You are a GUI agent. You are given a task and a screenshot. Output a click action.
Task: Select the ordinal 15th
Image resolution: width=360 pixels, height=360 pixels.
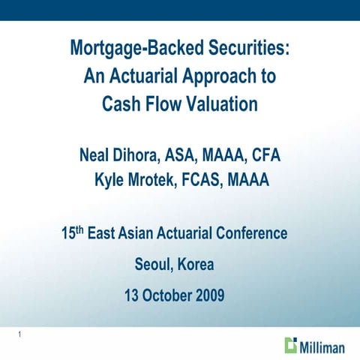[x=72, y=233]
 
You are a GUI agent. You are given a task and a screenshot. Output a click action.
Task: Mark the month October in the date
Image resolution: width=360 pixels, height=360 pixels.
[x=165, y=296]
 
